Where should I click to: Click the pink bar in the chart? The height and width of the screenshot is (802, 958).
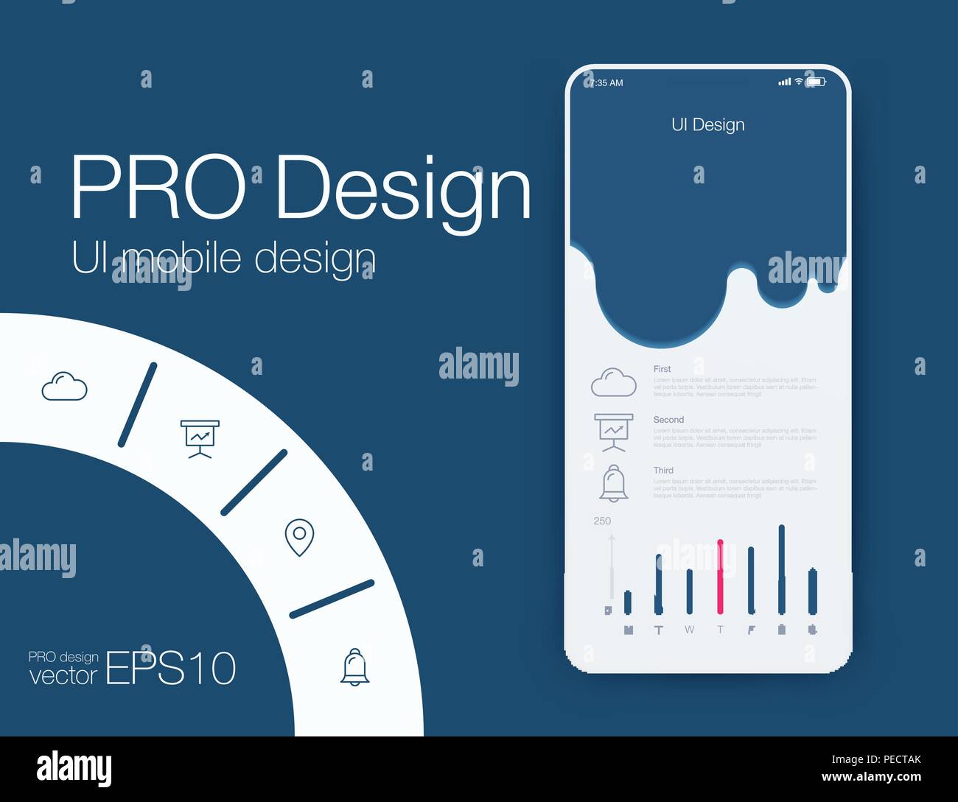tap(720, 577)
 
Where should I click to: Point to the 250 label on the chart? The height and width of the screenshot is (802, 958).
tap(602, 521)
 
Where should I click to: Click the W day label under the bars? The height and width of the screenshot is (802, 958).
tap(689, 630)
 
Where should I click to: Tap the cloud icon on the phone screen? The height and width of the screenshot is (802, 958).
tap(613, 382)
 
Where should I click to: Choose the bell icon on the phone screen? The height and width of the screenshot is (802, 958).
tap(613, 483)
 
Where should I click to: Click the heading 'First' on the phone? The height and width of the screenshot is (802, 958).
tap(662, 369)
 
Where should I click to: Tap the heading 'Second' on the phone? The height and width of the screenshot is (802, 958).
tap(668, 420)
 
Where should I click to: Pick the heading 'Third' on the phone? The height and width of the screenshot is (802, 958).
tap(663, 471)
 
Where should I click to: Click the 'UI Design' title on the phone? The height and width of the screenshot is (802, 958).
tap(707, 125)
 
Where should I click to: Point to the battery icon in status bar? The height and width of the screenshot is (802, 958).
tap(816, 82)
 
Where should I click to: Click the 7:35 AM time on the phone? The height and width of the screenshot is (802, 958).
tap(606, 83)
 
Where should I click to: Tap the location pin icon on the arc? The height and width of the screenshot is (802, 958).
tap(299, 538)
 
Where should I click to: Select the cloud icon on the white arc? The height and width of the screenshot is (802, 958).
tap(64, 387)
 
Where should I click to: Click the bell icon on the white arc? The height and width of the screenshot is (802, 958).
tap(354, 667)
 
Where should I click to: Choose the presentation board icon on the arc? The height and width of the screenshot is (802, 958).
tap(200, 438)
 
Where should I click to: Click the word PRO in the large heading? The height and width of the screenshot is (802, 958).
tap(157, 189)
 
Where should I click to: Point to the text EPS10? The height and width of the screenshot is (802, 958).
tap(171, 669)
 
